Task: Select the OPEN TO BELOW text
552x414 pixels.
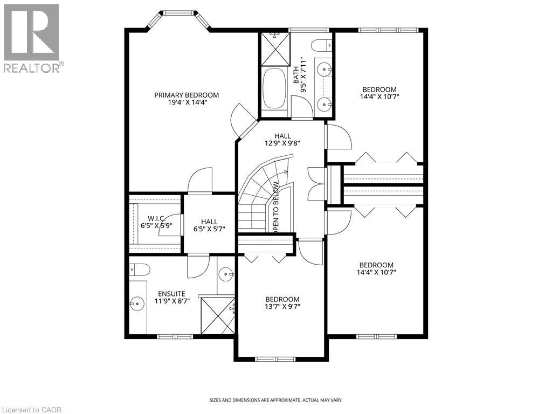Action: point(275,208)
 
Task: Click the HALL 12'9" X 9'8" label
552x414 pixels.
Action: point(282,140)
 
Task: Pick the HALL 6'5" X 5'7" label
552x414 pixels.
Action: point(209,225)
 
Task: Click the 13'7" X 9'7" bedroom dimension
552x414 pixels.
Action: point(282,307)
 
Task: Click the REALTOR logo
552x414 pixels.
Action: point(32,38)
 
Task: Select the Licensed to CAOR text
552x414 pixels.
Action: point(32,409)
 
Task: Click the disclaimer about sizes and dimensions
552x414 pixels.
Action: point(275,400)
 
